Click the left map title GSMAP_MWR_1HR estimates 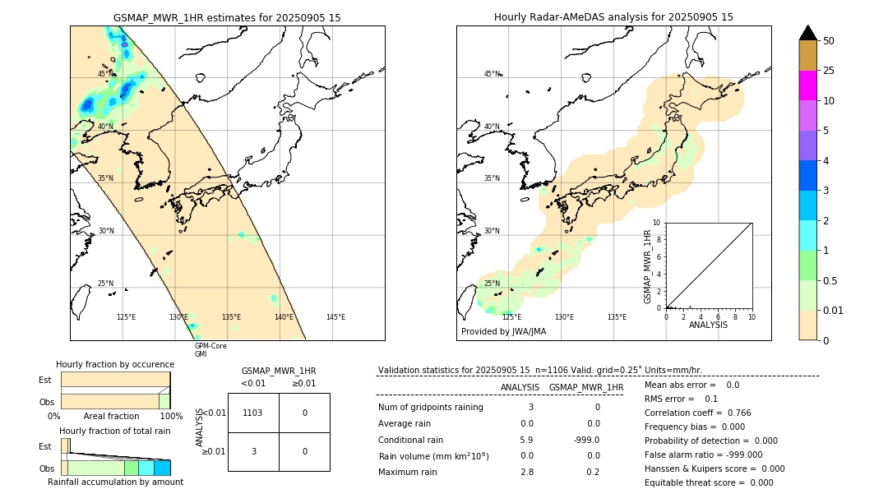click(227, 17)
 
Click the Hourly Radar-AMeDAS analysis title click(613, 17)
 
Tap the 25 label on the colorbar click(829, 71)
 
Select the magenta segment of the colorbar click(807, 85)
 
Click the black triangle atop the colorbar click(807, 33)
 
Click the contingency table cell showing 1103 click(253, 413)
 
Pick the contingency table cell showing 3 click(253, 451)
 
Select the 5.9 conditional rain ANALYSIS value click(526, 440)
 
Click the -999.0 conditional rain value click(586, 440)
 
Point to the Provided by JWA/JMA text click(503, 332)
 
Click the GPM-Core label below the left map click(210, 346)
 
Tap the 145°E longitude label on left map click(335, 317)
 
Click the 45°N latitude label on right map click(492, 74)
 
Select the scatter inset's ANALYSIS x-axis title click(709, 325)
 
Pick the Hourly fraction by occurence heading click(115, 364)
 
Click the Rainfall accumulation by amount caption click(115, 482)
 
